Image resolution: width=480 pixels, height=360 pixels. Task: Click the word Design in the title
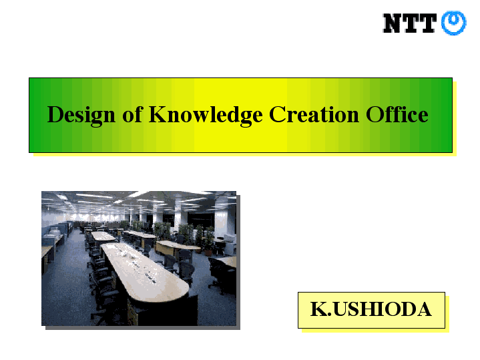pos(81,116)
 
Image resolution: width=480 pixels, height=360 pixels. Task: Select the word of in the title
pos(133,114)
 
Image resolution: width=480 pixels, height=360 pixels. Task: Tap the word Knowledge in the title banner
pos(206,116)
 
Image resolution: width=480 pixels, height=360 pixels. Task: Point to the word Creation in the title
pos(314,115)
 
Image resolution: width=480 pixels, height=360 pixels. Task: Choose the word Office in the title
pos(397,114)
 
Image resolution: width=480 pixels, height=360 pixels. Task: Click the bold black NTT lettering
pos(410,23)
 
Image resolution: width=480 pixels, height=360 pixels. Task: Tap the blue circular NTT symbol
pos(454,23)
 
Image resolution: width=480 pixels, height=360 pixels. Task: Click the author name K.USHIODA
pos(371,309)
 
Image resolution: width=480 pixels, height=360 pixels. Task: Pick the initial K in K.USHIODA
pos(319,309)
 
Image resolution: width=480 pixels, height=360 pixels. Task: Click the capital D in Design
pos(55,115)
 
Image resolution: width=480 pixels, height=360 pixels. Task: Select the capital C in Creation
pos(277,115)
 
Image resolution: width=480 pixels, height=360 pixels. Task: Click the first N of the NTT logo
pos(393,23)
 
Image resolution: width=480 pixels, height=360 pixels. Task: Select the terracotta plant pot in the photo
pos(208,252)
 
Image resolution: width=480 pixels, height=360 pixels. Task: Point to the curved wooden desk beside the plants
pos(177,246)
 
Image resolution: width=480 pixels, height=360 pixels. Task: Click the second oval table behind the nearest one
pos(103,236)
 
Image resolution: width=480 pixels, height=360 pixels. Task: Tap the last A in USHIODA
pos(423,309)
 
